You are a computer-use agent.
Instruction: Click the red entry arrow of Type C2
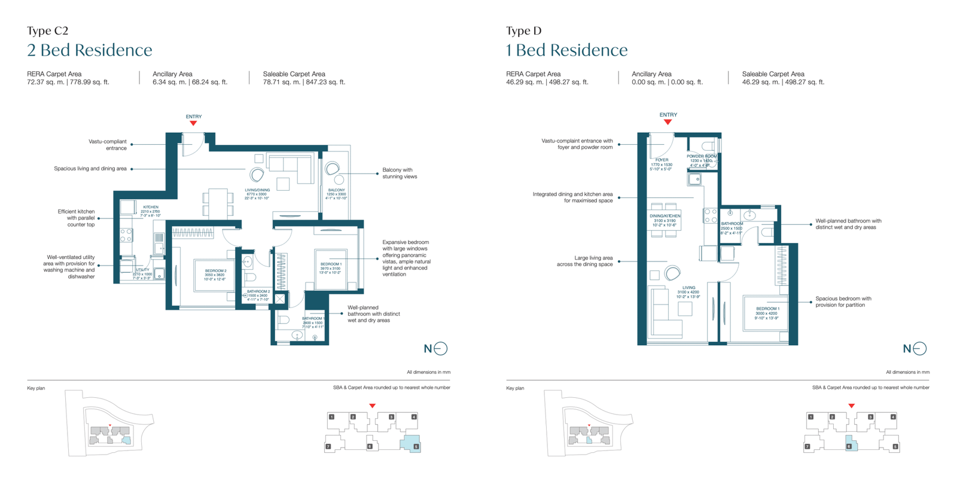193,123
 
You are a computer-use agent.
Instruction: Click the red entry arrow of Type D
668,122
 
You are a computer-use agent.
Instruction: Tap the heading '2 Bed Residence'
90,50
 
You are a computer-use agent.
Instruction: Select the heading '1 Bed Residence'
567,50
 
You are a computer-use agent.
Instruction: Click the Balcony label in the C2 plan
336,190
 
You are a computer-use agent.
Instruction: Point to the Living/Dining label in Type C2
257,190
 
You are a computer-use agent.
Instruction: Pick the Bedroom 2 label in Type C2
215,271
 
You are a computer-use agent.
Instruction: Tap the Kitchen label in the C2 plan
151,207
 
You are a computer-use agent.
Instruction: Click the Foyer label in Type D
662,160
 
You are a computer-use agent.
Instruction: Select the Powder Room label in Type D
702,157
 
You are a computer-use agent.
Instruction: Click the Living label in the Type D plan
689,288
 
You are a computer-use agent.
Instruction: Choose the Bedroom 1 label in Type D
767,309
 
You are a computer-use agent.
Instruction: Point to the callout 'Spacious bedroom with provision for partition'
843,302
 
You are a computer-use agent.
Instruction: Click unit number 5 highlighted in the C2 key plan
416,446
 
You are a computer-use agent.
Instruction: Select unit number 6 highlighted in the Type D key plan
849,446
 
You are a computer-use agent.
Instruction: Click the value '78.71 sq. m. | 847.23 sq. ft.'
304,83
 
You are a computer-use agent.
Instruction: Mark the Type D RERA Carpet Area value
547,83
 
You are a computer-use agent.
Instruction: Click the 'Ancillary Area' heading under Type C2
172,74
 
